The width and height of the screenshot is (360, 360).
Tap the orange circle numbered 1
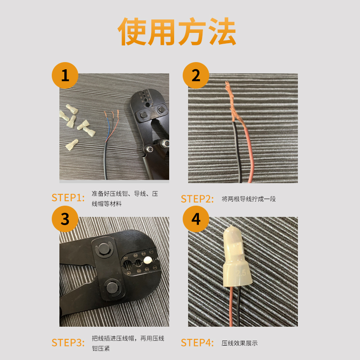65,75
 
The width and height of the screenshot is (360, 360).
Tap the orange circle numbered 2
195,75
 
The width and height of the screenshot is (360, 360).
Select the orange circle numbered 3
65,219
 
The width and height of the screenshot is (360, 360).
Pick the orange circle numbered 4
195,219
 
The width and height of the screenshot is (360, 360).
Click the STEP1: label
68,198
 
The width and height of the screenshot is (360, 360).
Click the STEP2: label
197,198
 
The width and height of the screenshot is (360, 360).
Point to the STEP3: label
68,342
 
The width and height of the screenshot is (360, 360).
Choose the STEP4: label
197,342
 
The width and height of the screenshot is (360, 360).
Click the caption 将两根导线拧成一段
248,198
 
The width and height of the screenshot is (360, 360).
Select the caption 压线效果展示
239,343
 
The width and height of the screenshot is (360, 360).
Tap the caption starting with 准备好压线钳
124,198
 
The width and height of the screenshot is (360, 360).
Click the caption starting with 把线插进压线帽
128,343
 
